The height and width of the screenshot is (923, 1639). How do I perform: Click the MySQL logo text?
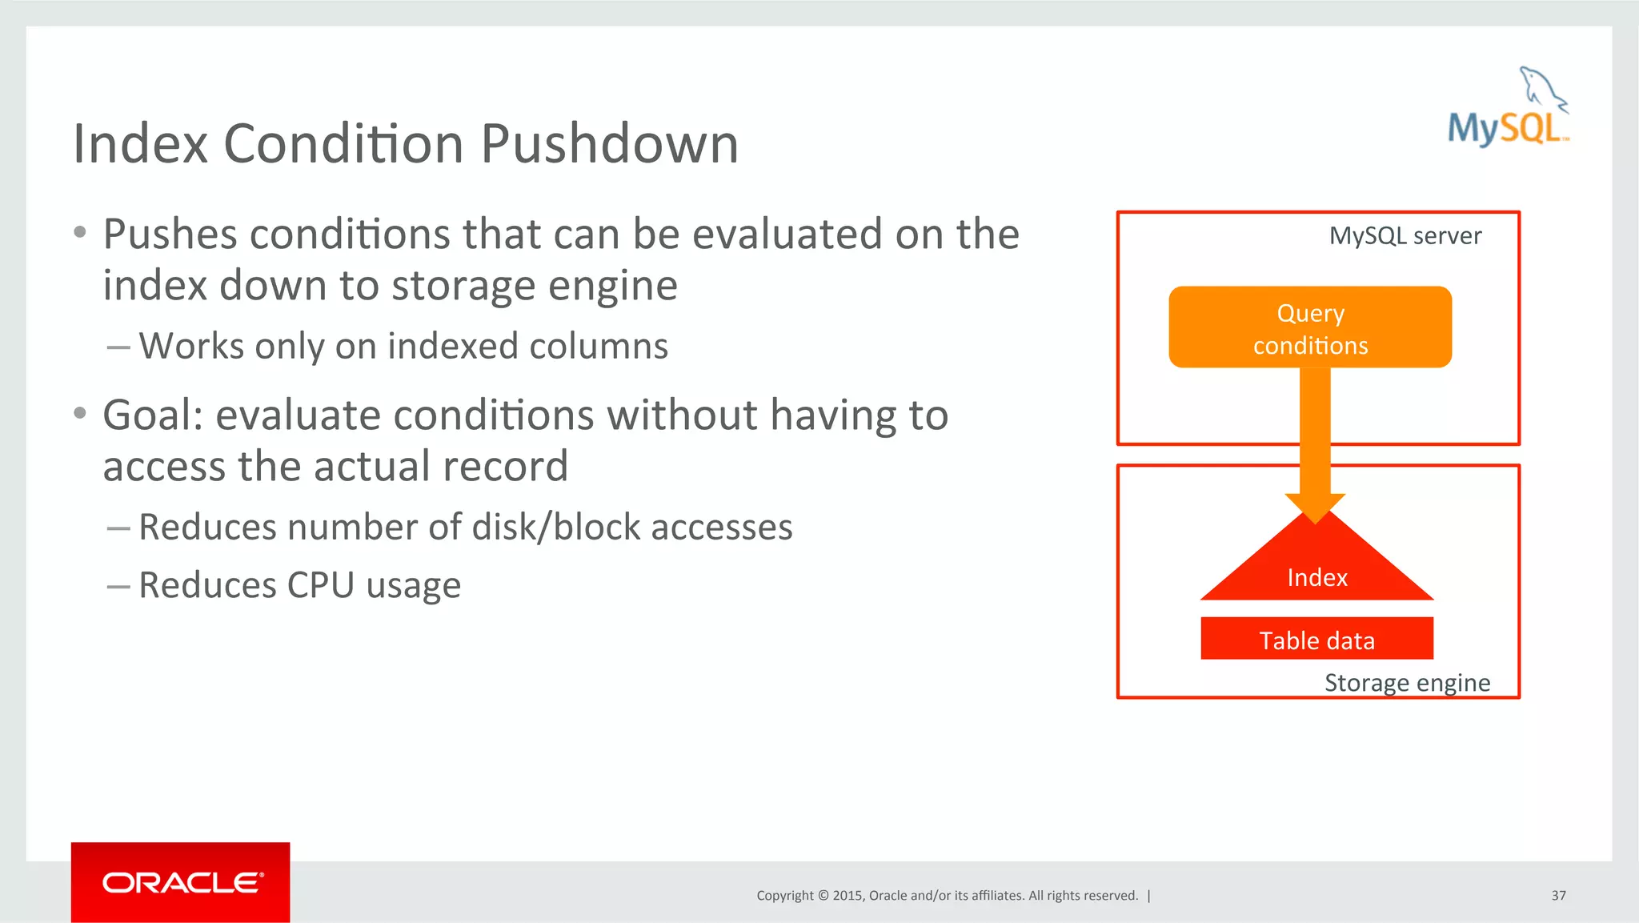click(1505, 128)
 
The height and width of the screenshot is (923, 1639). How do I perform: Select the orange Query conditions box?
click(1310, 327)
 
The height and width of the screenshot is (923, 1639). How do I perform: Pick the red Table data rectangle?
click(1316, 640)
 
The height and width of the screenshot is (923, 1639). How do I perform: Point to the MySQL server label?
click(1405, 236)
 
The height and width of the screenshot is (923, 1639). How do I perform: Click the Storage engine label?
click(1407, 683)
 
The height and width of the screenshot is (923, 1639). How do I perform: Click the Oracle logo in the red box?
click(181, 882)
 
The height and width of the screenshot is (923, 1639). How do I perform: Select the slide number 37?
click(1558, 896)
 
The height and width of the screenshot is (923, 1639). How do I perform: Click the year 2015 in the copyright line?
click(847, 896)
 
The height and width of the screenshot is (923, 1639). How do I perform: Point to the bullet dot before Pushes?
click(79, 233)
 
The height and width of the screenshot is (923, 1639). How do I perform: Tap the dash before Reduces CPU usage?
click(118, 587)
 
